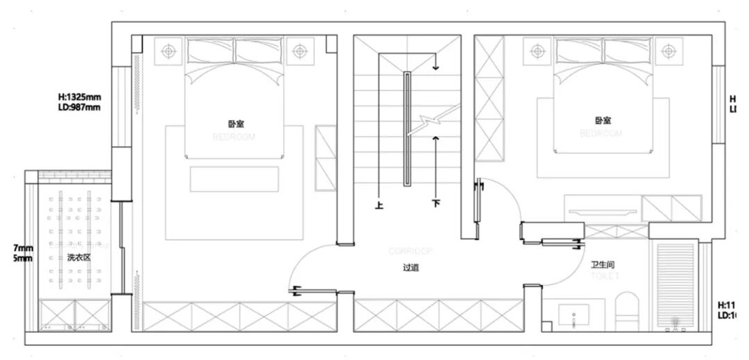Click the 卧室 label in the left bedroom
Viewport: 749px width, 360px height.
tap(235, 123)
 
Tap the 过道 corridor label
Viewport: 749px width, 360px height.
tap(411, 266)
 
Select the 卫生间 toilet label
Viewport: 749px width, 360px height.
tap(603, 264)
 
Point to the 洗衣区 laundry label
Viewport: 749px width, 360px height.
tap(79, 257)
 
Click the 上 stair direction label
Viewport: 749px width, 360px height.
tap(379, 205)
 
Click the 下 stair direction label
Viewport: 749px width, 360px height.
tap(436, 205)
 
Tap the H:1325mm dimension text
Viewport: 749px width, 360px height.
tap(80, 97)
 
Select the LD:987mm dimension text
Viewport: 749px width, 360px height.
tap(79, 108)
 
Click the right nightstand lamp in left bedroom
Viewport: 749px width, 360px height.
tap(299, 51)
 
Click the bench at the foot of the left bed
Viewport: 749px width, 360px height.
tap(234, 179)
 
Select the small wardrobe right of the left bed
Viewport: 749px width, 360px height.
tap(325, 157)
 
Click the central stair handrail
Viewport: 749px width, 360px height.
tap(407, 128)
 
